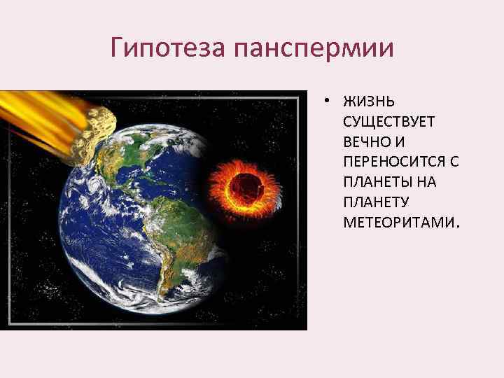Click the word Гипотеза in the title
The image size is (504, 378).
[169, 48]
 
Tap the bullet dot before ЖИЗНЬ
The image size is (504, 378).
[327, 102]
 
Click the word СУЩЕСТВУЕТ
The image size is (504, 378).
[388, 122]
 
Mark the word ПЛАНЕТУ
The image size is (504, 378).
[375, 203]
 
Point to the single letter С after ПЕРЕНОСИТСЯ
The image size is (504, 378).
[454, 162]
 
